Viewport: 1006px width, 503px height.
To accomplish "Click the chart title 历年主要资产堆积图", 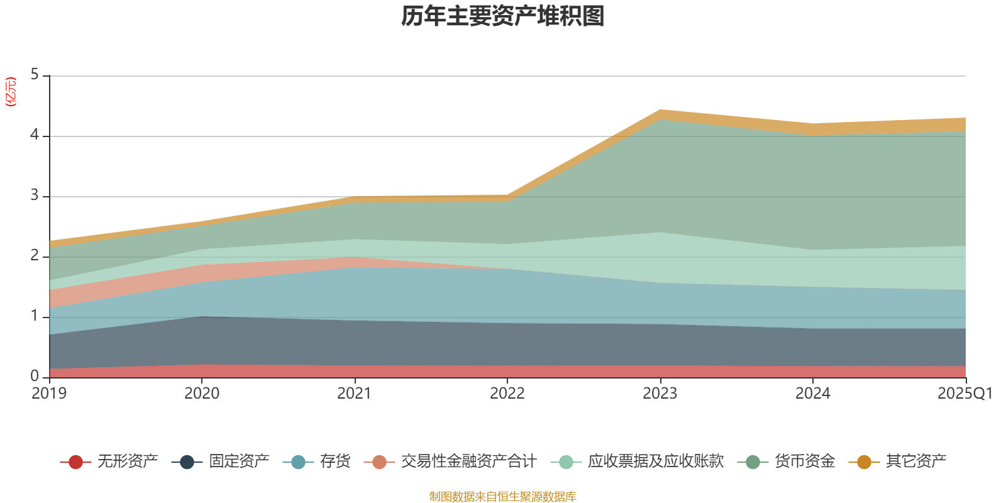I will point(503,16).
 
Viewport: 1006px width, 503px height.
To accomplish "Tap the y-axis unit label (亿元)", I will point(11,92).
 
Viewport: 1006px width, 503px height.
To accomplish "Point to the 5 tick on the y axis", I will point(35,75).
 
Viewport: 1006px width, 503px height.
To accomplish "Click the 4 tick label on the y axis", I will point(35,135).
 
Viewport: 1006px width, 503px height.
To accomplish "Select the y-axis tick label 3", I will point(35,196).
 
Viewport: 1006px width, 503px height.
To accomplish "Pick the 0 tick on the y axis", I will point(35,376).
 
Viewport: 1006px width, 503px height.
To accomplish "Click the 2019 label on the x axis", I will point(49,394).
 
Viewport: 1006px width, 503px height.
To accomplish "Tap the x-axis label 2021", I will point(355,394).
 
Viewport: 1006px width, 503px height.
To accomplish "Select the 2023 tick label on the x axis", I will point(660,394).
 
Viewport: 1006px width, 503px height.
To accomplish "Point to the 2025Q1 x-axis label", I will point(965,394).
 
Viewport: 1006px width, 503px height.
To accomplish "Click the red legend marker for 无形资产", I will point(75,462).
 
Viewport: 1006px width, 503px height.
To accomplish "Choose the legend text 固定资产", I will point(239,462).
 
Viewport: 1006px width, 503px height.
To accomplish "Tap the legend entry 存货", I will point(334,462).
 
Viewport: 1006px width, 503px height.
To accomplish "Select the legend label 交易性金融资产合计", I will point(468,462).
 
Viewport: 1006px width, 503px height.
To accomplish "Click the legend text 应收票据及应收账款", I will point(655,462).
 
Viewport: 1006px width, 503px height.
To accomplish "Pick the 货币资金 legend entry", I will point(804,462).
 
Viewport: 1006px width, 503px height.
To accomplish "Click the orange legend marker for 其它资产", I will point(864,462).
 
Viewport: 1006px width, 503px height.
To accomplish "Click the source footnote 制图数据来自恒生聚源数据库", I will point(503,497).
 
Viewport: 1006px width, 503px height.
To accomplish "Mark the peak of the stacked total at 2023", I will point(660,110).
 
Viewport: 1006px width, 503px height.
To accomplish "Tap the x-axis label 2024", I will point(812,394).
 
